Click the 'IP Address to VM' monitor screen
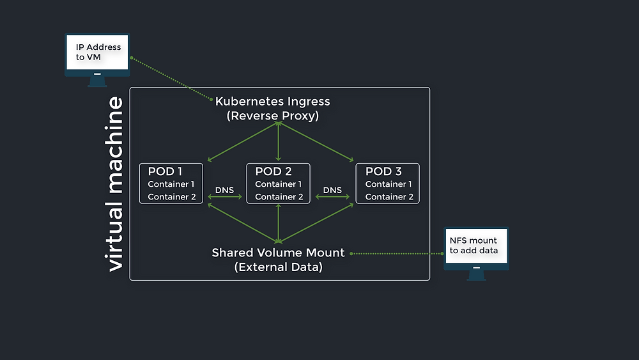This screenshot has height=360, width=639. click(x=97, y=52)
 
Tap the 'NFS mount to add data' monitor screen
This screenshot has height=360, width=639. click(x=476, y=246)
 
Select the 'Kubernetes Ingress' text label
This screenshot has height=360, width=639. click(x=272, y=102)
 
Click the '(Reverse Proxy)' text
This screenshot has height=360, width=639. click(x=273, y=116)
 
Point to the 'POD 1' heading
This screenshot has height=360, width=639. click(x=165, y=171)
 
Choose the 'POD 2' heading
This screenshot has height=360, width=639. click(x=273, y=171)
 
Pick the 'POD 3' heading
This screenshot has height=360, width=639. click(x=383, y=171)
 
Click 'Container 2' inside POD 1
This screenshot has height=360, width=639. click(x=171, y=197)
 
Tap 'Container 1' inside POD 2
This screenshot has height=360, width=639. click(x=279, y=184)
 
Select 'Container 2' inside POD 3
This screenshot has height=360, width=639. click(x=389, y=197)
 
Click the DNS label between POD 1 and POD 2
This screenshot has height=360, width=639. click(x=224, y=190)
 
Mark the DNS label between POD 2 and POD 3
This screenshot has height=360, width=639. click(x=332, y=190)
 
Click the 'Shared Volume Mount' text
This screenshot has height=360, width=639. click(x=279, y=253)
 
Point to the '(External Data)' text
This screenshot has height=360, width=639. click(x=279, y=267)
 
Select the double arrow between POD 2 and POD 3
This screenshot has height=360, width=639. click(x=332, y=197)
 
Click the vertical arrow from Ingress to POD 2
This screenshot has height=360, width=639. click(x=279, y=141)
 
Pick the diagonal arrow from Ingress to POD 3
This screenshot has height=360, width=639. click(x=316, y=141)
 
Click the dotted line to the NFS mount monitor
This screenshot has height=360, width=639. click(x=397, y=254)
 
